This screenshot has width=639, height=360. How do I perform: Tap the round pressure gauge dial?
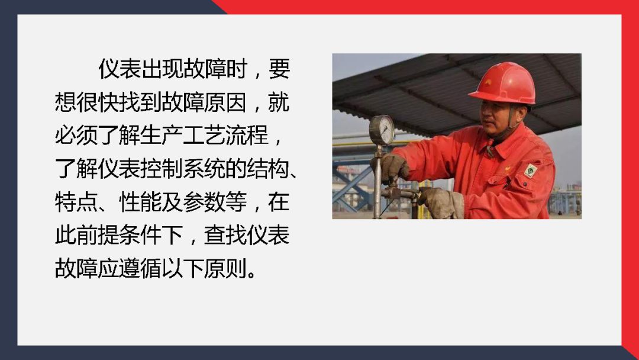click(x=382, y=130)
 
